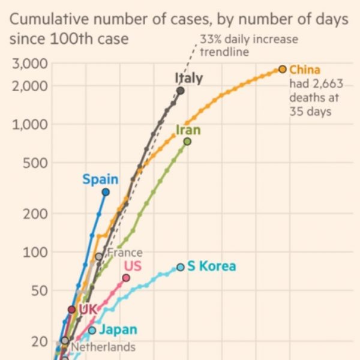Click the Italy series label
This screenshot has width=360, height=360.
(188, 78)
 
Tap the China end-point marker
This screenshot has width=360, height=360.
(283, 70)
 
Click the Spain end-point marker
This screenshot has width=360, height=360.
(106, 192)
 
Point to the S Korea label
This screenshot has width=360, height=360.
(211, 266)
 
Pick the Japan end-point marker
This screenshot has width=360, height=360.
(92, 330)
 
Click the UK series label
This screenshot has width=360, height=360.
(88, 310)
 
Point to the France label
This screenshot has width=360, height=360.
(124, 253)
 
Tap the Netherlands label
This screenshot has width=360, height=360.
(103, 347)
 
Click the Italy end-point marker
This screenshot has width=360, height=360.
(181, 91)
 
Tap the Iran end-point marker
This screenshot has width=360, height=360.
(187, 142)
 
